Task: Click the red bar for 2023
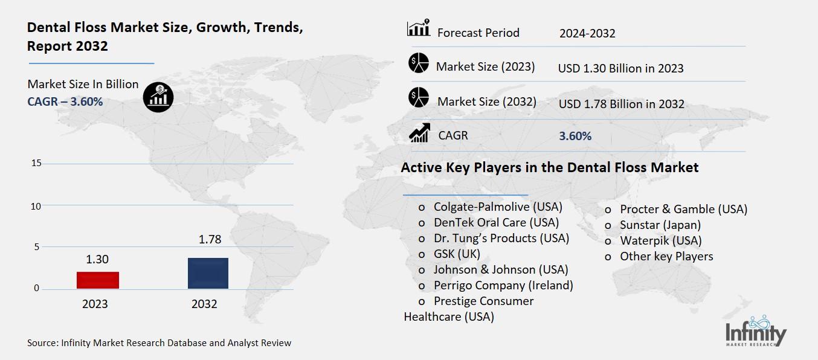tap(97, 280)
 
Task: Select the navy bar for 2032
tap(208, 273)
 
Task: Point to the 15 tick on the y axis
tap(36, 163)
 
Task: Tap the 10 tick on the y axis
tap(36, 206)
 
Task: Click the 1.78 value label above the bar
tap(210, 240)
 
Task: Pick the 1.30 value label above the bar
tap(97, 259)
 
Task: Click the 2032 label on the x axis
tap(204, 304)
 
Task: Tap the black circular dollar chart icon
tap(158, 97)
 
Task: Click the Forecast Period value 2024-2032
tap(587, 33)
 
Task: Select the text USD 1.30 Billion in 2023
tap(620, 68)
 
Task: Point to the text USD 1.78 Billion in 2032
tap(621, 104)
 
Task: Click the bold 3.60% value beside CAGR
tap(575, 137)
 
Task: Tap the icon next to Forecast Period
tap(418, 29)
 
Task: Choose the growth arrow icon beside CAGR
tap(419, 133)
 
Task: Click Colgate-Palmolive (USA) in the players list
tap(497, 207)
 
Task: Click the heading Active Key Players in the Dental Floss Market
tap(549, 167)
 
